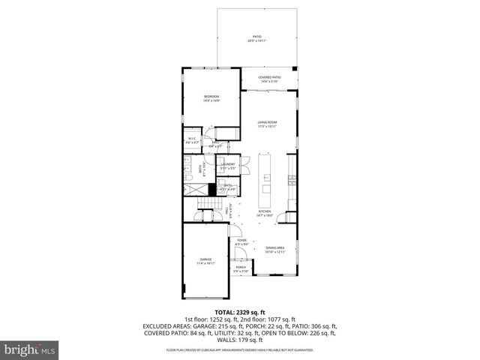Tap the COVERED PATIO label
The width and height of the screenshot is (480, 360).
click(x=269, y=78)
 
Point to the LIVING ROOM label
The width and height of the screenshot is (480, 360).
click(x=268, y=124)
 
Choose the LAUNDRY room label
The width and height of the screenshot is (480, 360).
click(x=228, y=165)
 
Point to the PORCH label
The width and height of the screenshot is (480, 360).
click(x=241, y=268)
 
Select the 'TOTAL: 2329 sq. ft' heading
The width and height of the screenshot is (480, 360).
click(x=240, y=311)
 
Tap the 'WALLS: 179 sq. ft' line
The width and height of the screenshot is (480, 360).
click(x=240, y=341)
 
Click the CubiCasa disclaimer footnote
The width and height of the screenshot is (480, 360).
click(x=240, y=349)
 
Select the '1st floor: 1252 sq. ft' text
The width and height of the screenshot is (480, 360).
click(x=211, y=319)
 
